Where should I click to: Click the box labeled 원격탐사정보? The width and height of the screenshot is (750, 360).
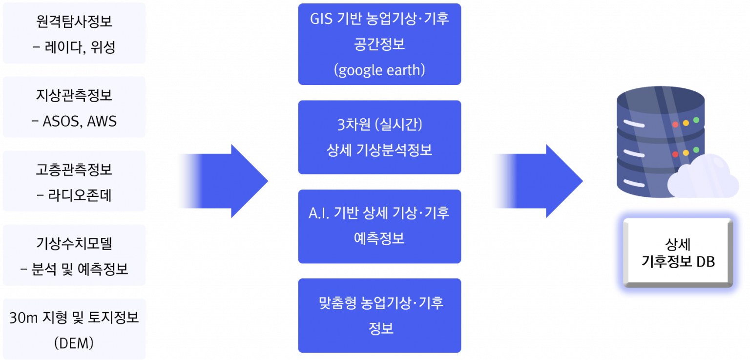click(x=74, y=33)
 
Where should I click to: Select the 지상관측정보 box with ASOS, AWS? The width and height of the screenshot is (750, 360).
click(x=74, y=107)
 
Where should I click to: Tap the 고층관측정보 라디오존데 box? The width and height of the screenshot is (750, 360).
click(x=74, y=181)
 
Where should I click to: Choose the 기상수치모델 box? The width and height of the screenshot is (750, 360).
click(x=74, y=255)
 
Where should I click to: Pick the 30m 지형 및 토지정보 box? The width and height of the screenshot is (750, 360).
click(x=74, y=329)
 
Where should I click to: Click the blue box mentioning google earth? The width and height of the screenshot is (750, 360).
click(x=380, y=44)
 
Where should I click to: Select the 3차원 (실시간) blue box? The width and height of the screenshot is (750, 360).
click(x=380, y=137)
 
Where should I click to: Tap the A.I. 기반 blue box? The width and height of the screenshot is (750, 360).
click(x=380, y=226)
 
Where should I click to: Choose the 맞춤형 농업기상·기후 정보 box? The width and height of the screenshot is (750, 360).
click(x=380, y=316)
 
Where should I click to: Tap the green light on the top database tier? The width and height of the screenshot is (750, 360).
click(x=696, y=120)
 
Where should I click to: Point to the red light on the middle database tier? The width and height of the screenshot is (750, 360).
click(x=675, y=154)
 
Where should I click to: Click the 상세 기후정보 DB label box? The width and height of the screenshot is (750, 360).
click(x=678, y=253)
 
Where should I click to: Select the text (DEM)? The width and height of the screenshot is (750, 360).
click(x=74, y=343)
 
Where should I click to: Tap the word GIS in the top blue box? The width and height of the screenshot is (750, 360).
click(x=321, y=19)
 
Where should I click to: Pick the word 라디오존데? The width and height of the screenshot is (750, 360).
click(x=80, y=195)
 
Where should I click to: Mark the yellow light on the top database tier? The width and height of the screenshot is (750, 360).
click(x=686, y=123)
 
